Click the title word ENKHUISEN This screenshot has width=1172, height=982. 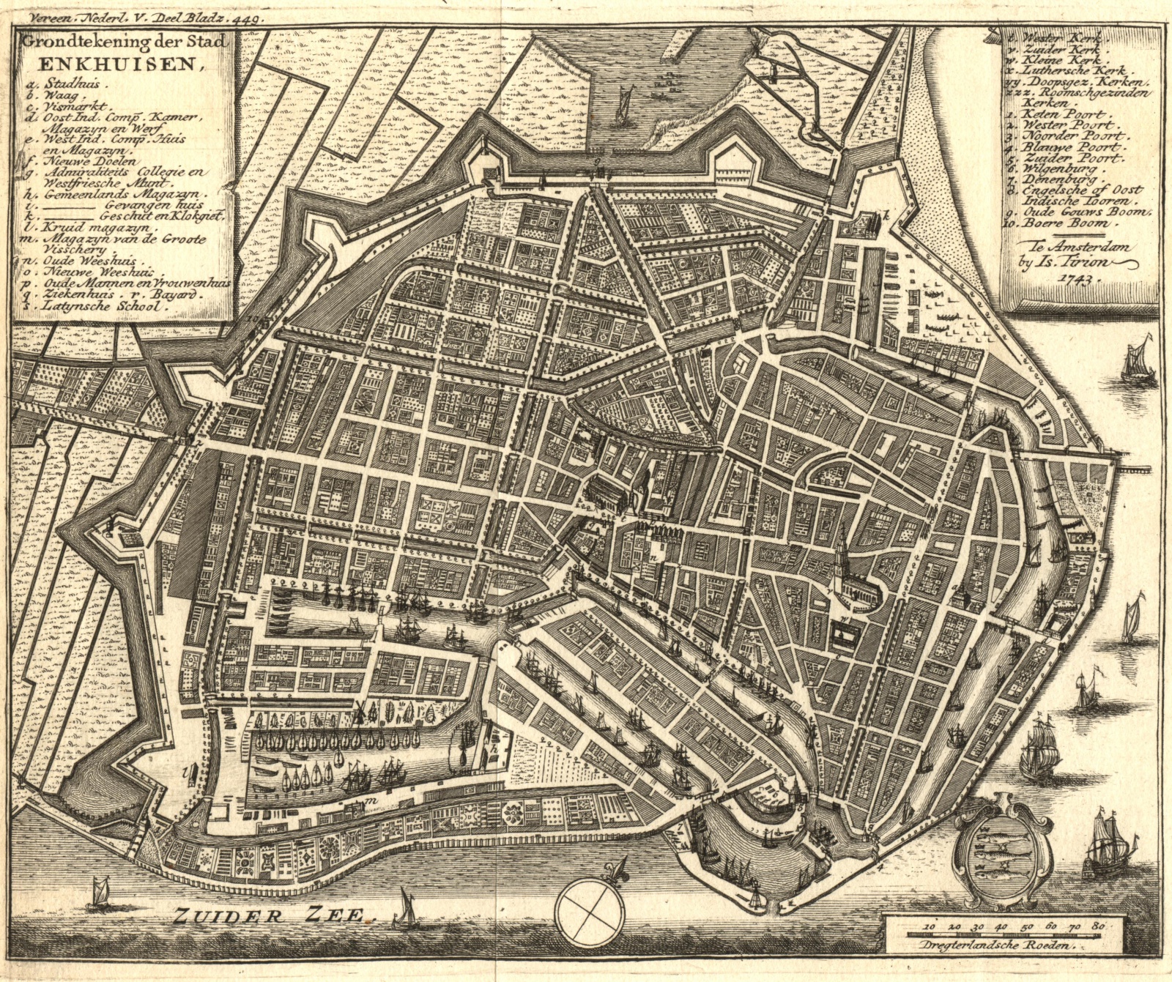point(110,63)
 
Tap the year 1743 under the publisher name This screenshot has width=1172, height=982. point(1075,278)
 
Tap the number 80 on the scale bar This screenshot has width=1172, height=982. point(1097,926)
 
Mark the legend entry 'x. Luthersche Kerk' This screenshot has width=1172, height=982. point(1069,71)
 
